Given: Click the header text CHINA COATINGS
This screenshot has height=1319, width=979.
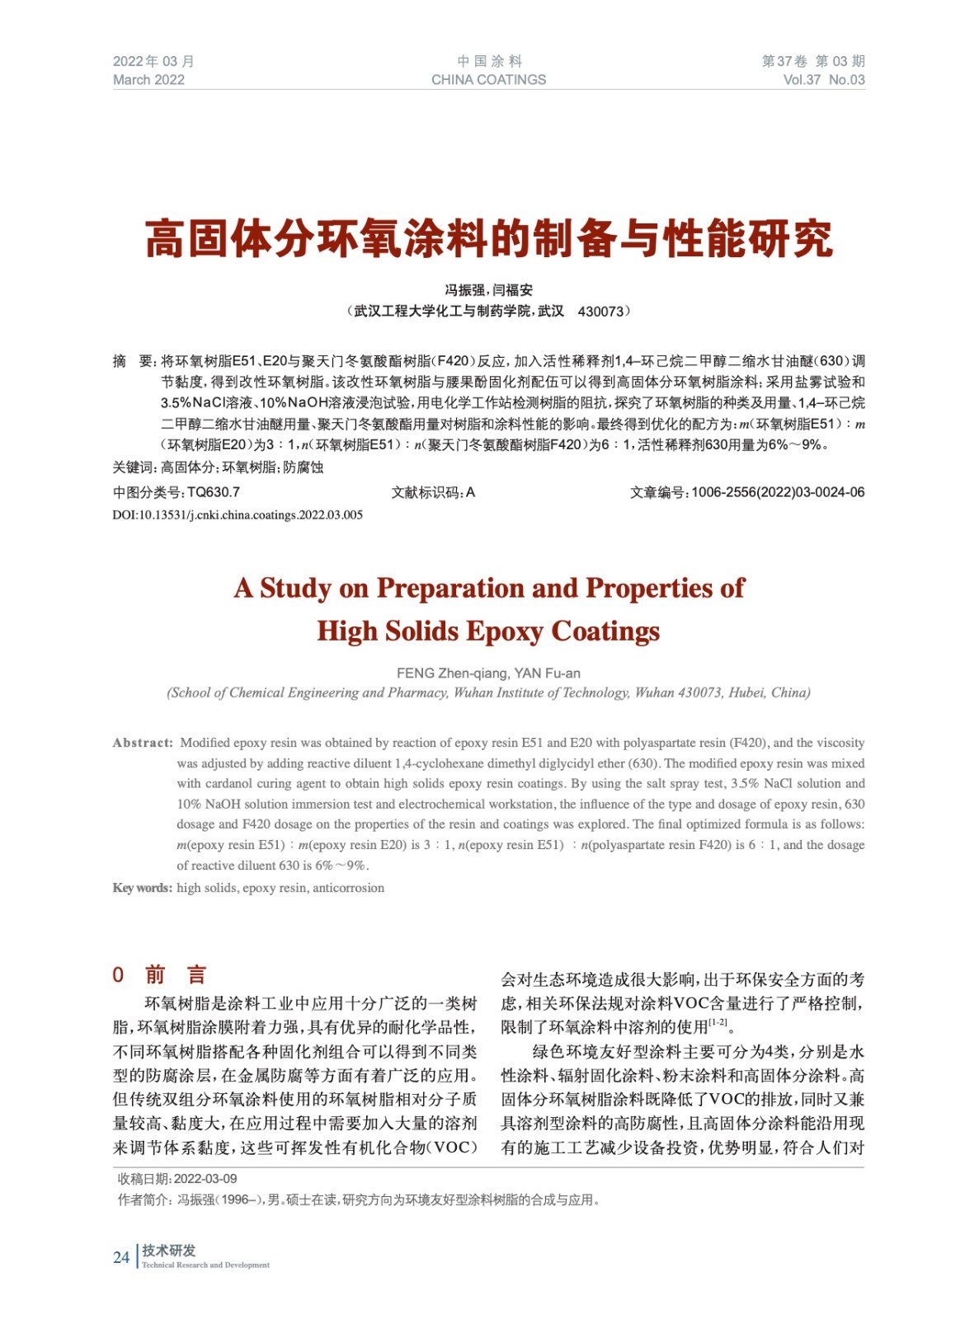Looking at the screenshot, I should [488, 80].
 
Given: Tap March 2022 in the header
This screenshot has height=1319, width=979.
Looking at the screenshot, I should [148, 80].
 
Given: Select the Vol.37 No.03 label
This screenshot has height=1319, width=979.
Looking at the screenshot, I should [823, 80].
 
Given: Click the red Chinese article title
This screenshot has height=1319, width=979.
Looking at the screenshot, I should [489, 239].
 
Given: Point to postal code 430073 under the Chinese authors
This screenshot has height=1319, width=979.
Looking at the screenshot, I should [601, 312].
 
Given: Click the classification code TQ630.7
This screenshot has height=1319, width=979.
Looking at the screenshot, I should [214, 492].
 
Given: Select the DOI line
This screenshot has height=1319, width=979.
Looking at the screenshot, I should [238, 515].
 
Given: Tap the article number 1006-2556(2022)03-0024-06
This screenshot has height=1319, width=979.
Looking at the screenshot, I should [778, 492].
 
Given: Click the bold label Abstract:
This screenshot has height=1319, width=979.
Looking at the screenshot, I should [143, 743].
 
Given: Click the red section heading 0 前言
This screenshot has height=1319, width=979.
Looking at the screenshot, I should [159, 974].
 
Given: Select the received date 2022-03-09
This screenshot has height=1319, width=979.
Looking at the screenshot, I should [205, 1179].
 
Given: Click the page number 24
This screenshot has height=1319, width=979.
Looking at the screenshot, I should [121, 1257].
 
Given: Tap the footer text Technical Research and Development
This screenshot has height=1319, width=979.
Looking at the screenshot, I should [205, 1265].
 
